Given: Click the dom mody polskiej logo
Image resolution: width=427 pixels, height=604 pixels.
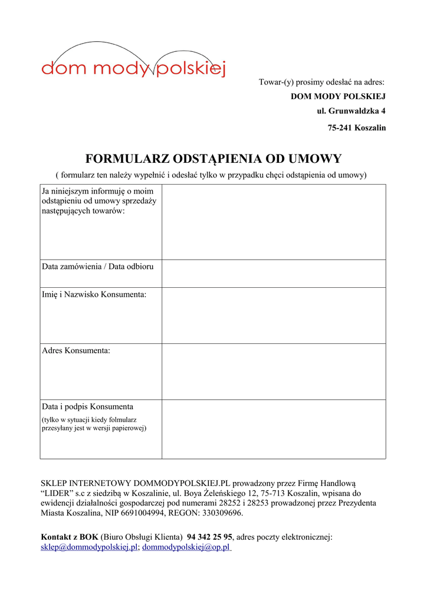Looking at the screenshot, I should (x=133, y=62).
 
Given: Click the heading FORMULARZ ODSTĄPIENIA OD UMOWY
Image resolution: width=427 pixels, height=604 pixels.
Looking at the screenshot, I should (x=213, y=159).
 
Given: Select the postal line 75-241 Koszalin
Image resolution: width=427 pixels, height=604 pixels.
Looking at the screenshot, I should (x=357, y=127).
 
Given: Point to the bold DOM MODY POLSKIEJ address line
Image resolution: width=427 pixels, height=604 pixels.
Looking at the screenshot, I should (x=338, y=96).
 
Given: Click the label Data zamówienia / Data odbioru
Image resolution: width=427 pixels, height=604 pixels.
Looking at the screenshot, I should (x=98, y=267).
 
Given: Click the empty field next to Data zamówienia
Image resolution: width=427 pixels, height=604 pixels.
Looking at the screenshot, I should (x=274, y=274).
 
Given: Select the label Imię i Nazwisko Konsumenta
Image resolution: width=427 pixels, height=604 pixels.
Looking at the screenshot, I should (x=94, y=294).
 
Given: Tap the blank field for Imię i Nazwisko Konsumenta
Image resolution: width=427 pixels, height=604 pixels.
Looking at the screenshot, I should (x=274, y=316).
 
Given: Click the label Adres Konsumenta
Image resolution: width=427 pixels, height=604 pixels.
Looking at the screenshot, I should (x=76, y=350).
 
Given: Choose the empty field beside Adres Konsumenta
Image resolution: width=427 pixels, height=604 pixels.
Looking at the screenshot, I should (x=274, y=372).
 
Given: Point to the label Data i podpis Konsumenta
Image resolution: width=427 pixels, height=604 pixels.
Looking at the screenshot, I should (x=87, y=406).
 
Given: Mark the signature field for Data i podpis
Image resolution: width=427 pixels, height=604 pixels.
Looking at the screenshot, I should (x=274, y=429).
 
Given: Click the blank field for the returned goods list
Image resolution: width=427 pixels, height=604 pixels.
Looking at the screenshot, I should (x=274, y=222).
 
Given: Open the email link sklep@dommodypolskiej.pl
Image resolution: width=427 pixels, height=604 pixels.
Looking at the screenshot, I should (x=89, y=547).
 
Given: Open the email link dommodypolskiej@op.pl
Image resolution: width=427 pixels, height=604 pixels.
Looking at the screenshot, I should (x=186, y=547).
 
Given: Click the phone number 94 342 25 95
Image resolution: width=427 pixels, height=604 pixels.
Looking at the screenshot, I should (x=209, y=537).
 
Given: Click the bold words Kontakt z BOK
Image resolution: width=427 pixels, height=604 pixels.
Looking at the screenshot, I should (x=69, y=537).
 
